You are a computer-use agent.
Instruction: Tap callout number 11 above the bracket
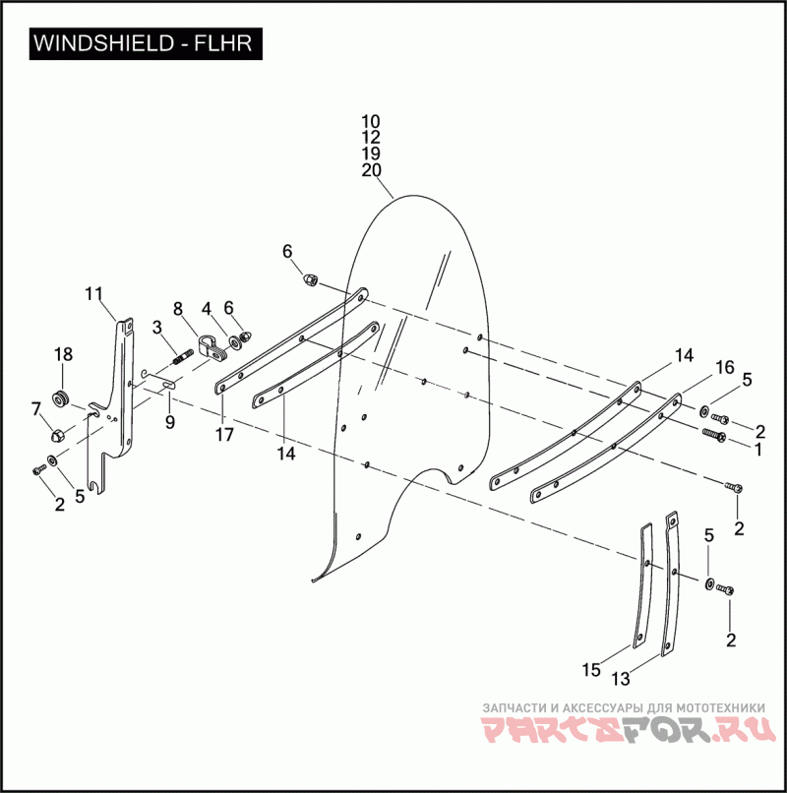[93, 293]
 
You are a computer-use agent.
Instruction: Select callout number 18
[63, 354]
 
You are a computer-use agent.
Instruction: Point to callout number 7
[36, 407]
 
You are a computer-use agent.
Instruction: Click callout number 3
[156, 328]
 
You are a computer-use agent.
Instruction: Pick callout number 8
[178, 308]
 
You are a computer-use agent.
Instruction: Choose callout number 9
[170, 422]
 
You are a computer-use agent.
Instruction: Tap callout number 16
[724, 368]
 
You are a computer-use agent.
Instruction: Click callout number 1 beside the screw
[757, 449]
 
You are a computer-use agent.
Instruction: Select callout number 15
[590, 670]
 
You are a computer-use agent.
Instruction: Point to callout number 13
[621, 679]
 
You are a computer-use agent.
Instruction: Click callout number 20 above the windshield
[371, 170]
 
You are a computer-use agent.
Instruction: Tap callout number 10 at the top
[371, 121]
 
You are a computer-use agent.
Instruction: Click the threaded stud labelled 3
[182, 356]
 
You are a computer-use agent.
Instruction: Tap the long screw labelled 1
[714, 434]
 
